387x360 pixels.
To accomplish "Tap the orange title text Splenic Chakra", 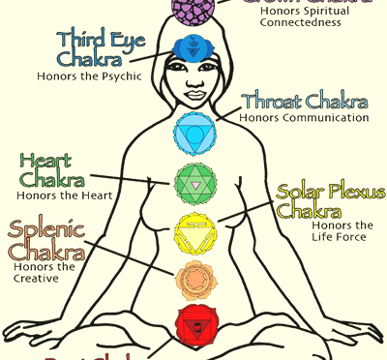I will [48, 242].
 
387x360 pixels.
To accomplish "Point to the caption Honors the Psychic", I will [89, 75].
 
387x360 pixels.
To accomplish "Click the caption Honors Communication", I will [306, 118].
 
